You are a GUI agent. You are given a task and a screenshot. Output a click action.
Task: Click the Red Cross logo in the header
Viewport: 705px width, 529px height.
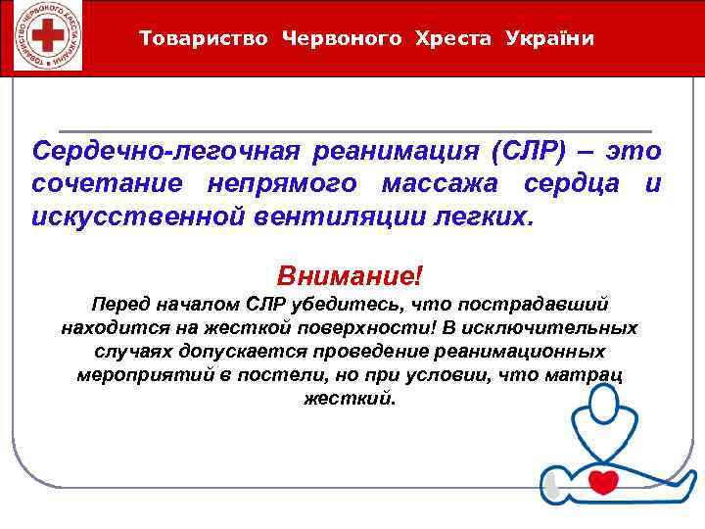43,37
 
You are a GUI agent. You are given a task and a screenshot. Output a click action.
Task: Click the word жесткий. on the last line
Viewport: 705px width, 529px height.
352,399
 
